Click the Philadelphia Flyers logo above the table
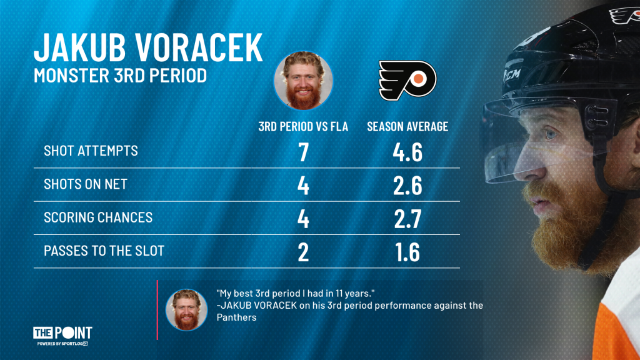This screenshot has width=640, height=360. click(x=407, y=81)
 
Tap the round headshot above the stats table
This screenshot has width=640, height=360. click(x=303, y=81)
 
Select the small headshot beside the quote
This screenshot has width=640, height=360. click(x=186, y=310)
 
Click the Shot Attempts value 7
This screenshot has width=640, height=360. click(x=303, y=152)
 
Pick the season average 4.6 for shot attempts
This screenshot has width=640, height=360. click(x=407, y=152)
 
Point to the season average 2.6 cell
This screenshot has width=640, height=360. click(x=407, y=186)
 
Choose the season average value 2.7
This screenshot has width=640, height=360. click(x=407, y=219)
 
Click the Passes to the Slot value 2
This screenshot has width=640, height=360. click(x=303, y=252)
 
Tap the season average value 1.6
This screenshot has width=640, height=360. click(x=407, y=252)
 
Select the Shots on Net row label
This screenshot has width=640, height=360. click(x=86, y=184)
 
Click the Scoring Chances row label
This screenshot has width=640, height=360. click(x=98, y=217)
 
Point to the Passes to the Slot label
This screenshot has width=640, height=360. click(x=104, y=251)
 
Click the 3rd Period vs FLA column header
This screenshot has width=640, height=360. click(x=303, y=126)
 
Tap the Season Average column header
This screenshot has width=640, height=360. click(x=407, y=126)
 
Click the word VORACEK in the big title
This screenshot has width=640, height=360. click(x=199, y=47)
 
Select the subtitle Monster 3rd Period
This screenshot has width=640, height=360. click(x=120, y=76)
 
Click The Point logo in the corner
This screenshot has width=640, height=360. click(x=62, y=336)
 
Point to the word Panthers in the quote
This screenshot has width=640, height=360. click(x=236, y=317)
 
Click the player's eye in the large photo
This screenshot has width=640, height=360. click(x=551, y=133)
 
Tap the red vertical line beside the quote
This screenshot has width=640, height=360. click(x=157, y=310)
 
